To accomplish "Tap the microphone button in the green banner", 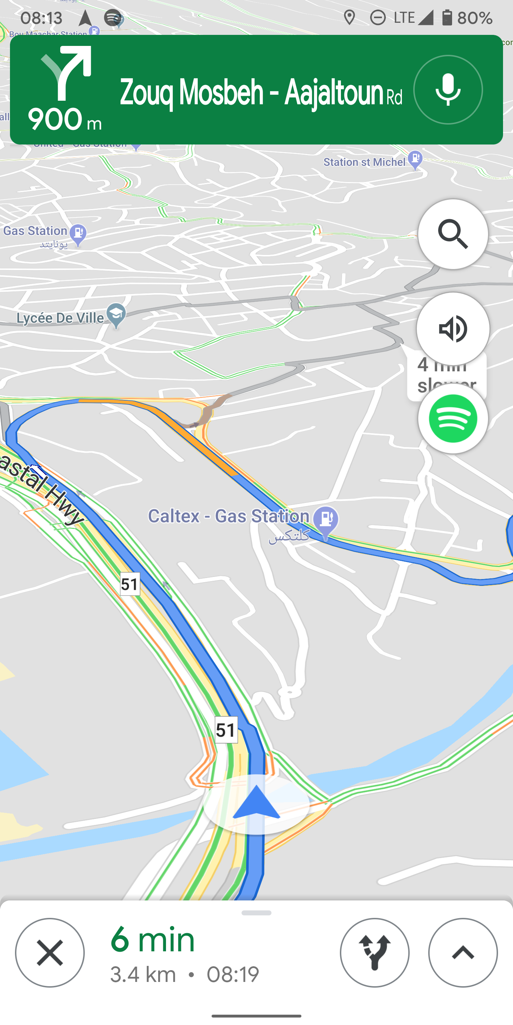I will coord(448,90).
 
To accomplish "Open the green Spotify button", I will coord(453,419).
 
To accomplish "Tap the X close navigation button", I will coord(50,953).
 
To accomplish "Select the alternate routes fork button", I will coord(374,953).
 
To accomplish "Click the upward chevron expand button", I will coord(463,953).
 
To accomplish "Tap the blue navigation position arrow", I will coord(256,804).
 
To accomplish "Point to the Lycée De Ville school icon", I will coord(116,315).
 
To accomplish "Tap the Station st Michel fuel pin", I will coord(415,159).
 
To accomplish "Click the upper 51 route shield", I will coord(130,584).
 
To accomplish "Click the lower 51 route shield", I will coord(226,730).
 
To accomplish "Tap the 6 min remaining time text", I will coord(152,940).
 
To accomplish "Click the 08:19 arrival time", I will coord(233,974).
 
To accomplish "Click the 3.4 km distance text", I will coord(143,974).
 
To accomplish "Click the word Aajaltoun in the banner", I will coord(334,93).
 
